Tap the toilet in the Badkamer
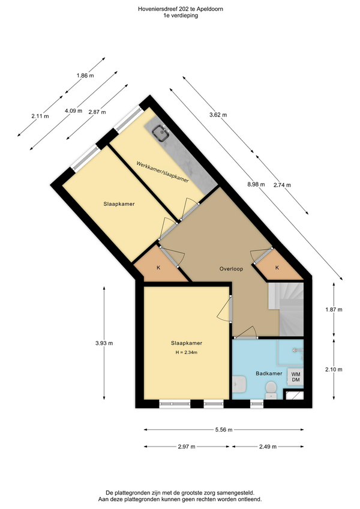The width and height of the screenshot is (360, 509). (271, 390)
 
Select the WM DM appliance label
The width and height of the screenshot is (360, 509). (296, 377)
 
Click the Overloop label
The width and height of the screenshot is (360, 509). (231, 269)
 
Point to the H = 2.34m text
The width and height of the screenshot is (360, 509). (187, 352)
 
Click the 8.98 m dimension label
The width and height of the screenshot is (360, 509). (256, 184)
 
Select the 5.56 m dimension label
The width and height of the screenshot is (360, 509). (224, 430)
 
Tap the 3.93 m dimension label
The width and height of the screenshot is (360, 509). (104, 343)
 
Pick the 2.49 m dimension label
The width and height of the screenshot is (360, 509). (268, 447)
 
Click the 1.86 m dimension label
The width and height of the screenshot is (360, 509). (85, 76)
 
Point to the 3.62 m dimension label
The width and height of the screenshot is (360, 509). (218, 115)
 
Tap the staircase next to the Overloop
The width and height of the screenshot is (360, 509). (286, 309)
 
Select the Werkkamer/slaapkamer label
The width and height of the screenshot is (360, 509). (163, 172)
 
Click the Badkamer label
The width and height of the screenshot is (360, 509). (269, 373)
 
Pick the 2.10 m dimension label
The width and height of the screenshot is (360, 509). (334, 369)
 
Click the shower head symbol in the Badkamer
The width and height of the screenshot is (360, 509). (295, 351)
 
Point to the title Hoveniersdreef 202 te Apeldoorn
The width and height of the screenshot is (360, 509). (181, 9)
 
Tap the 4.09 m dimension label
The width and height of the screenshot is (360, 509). (73, 110)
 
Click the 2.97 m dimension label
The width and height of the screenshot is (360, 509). (187, 447)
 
